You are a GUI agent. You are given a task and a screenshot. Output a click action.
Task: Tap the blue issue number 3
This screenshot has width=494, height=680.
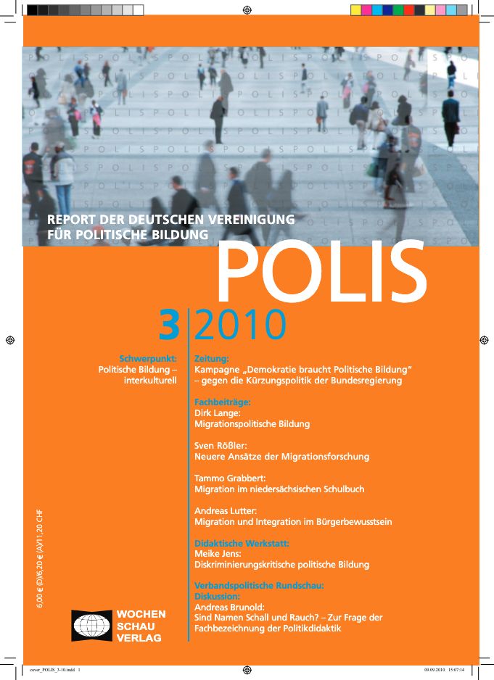pos(169,326)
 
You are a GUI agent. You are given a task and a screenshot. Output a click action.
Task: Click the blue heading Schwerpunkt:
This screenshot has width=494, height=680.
pos(148,358)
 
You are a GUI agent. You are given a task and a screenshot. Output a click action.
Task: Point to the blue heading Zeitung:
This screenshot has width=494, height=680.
pos(212,358)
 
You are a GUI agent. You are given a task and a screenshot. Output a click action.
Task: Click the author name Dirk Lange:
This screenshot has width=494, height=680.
pos(221,412)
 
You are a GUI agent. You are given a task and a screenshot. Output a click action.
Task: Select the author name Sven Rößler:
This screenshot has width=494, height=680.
pos(223,445)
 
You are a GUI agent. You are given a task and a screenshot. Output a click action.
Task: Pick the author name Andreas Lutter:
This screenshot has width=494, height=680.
pos(227,511)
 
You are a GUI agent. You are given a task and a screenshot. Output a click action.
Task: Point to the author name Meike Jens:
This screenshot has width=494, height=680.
pos(218,554)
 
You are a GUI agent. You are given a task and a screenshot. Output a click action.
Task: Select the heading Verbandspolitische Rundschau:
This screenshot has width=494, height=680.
pos(258,585)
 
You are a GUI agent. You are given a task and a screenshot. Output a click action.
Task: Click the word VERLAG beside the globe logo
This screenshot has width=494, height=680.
pos(139,638)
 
